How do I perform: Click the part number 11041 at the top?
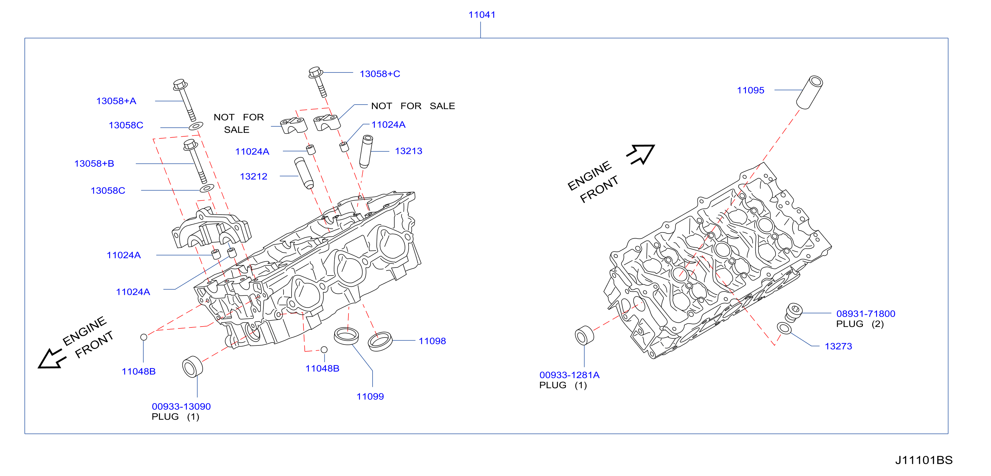click(482, 15)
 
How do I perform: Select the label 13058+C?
click(380, 74)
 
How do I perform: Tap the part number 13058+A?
click(116, 101)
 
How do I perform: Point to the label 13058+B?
click(94, 164)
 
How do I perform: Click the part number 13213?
click(408, 151)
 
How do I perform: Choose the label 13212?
click(253, 176)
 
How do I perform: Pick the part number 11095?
click(750, 90)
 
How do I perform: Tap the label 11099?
click(370, 396)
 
